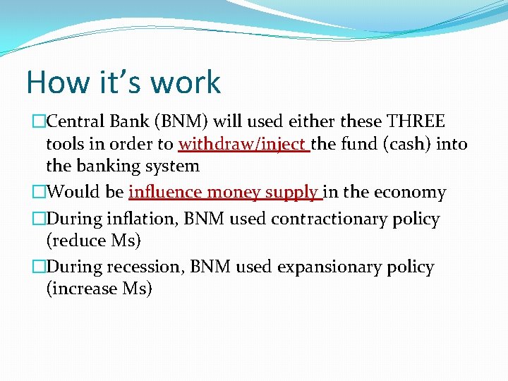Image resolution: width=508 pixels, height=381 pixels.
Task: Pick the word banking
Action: tap(107, 167)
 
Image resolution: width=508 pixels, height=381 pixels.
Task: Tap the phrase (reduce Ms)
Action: tap(94, 241)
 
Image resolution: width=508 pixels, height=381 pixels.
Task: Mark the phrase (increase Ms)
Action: tap(99, 289)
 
